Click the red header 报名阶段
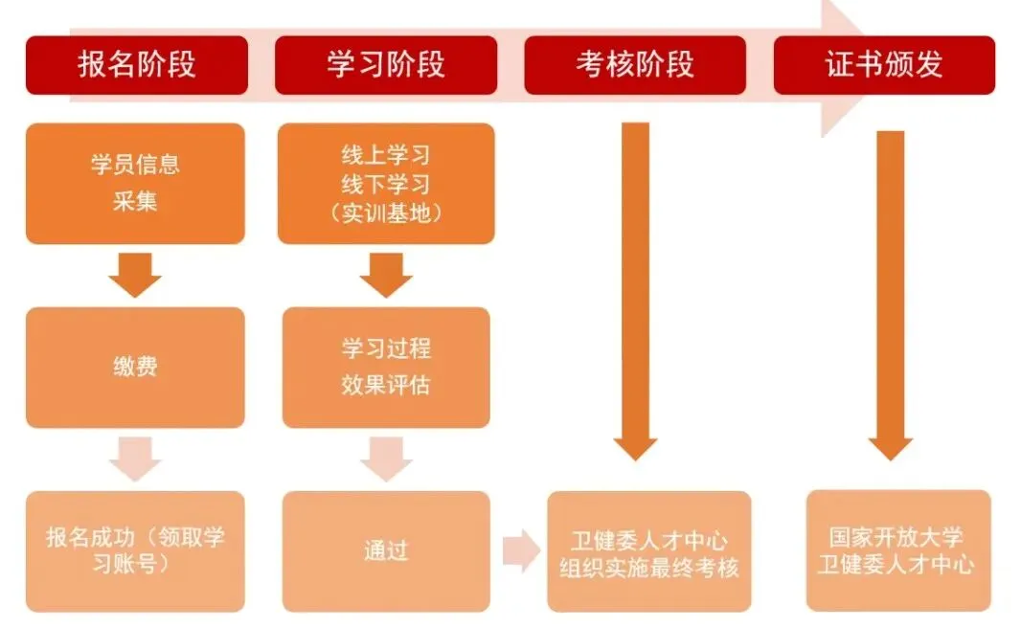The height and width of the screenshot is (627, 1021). pos(137,65)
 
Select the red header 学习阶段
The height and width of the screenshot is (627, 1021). pos(386,65)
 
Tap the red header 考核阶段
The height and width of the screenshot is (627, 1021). pos(635,65)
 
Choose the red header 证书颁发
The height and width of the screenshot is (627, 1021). pos(884,65)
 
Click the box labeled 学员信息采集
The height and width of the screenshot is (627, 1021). pos(135,183)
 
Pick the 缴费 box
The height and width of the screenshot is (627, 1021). pos(135,368)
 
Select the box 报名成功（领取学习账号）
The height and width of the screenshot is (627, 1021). pos(135,550)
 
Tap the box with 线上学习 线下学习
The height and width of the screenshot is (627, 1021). pos(386,183)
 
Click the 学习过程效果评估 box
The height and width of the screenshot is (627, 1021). pos(386,368)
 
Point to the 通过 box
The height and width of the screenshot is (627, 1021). pos(386,550)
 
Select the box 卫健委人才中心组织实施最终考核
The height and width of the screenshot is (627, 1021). pos(649,551)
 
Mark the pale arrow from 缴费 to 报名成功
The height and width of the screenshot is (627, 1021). pos(135,459)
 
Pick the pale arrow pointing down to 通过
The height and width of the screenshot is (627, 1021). pos(386,459)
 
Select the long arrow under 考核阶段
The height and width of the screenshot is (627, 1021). pos(635,287)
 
